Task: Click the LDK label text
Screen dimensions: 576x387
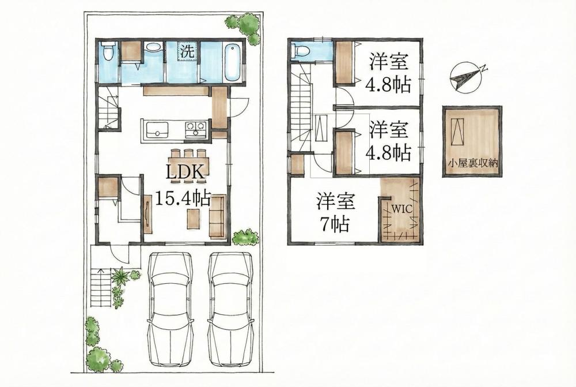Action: point(185,172)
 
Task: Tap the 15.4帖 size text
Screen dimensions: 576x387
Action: point(183,198)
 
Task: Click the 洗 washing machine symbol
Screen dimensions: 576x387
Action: point(188,51)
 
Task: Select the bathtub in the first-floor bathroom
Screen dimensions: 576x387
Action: point(232,62)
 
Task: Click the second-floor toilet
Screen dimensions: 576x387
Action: point(300,50)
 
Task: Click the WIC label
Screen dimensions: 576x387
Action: point(402,209)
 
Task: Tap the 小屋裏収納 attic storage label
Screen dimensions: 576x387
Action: point(472,163)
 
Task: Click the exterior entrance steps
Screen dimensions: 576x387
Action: point(101,288)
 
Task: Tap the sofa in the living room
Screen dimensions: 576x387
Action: point(217,216)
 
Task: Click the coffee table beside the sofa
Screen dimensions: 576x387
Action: point(194,219)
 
